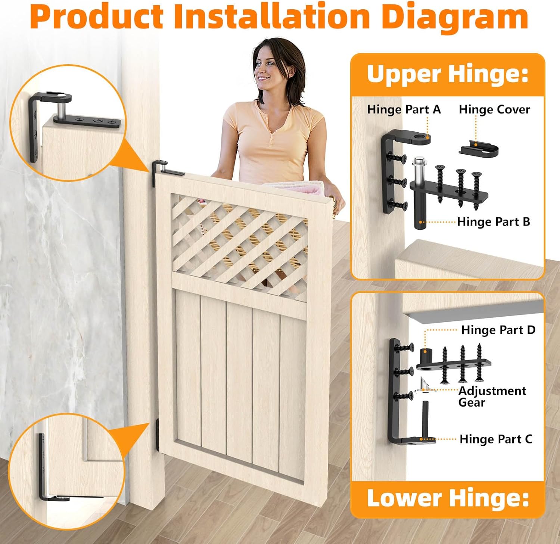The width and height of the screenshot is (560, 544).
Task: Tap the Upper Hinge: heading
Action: pos(448,74)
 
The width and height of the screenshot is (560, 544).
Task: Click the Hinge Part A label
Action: pos(404,109)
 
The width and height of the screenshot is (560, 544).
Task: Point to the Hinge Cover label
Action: pos(494,109)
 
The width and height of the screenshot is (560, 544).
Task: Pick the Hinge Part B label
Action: pos(494,222)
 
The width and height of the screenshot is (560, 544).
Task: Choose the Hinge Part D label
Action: pos(498,330)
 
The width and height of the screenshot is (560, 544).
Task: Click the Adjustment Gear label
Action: pos(492,396)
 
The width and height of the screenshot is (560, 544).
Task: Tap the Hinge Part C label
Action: pos(496,439)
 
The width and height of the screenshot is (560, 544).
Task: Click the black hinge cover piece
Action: pos(479,149)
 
